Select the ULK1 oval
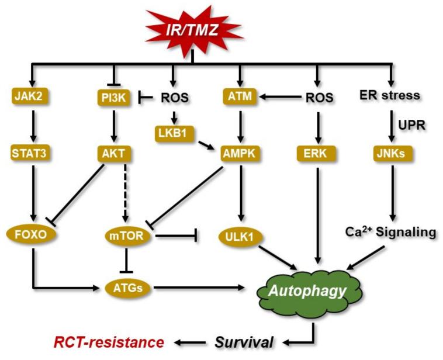click(x=239, y=237)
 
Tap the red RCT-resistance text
click(x=108, y=341)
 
